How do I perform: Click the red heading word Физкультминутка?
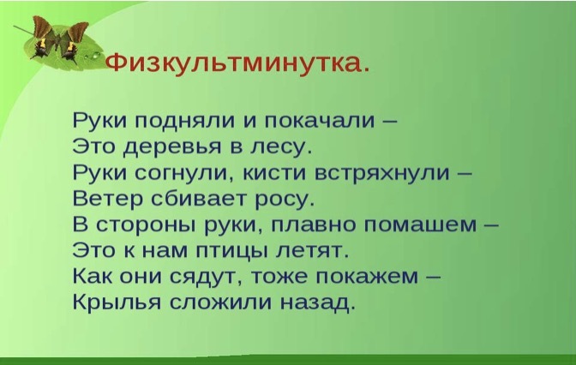(x=237, y=64)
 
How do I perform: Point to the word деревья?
(x=172, y=147)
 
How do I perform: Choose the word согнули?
(x=184, y=172)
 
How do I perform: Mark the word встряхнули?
(x=382, y=173)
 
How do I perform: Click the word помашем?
(x=420, y=224)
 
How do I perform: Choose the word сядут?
(x=206, y=278)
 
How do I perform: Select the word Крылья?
(x=117, y=303)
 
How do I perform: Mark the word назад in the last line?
(x=317, y=303)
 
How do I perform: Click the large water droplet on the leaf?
(x=96, y=56)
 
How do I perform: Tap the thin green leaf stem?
(x=23, y=30)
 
